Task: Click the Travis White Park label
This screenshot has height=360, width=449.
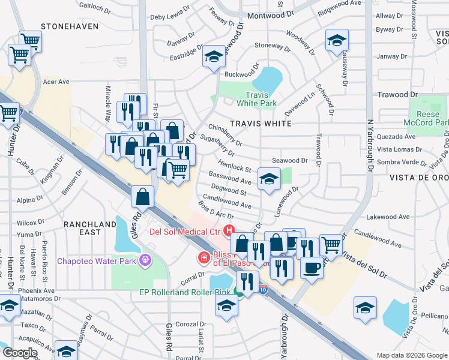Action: pos(261,99)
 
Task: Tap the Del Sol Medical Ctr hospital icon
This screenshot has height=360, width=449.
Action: pos(229,230)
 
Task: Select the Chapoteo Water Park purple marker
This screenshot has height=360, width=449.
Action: pos(143,260)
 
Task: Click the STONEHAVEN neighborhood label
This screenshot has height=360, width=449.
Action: pos(66,27)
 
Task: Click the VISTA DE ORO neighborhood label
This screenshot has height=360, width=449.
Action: pos(418,178)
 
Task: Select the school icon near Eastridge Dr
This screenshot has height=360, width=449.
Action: pos(213,56)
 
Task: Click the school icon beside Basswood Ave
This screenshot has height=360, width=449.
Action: pos(268,178)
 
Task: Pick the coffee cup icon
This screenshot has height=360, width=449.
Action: pos(312,267)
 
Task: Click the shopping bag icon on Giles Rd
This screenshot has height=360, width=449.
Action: pos(143,196)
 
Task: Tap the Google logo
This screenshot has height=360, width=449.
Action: pos(20,353)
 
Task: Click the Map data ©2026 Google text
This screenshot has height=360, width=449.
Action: pos(411,355)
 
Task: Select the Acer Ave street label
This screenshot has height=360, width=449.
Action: pos(56,82)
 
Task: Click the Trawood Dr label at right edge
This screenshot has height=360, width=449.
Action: pos(397,95)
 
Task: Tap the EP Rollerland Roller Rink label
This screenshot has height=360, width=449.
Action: pos(189,292)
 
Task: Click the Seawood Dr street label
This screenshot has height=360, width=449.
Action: pos(289,161)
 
